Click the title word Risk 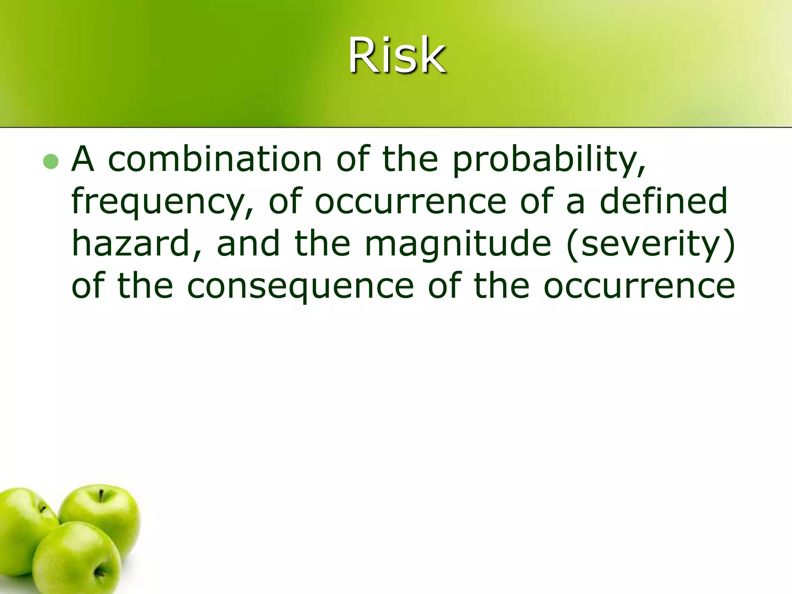(397, 55)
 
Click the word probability (549, 160)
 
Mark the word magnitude (458, 244)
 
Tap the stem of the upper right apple (101, 495)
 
